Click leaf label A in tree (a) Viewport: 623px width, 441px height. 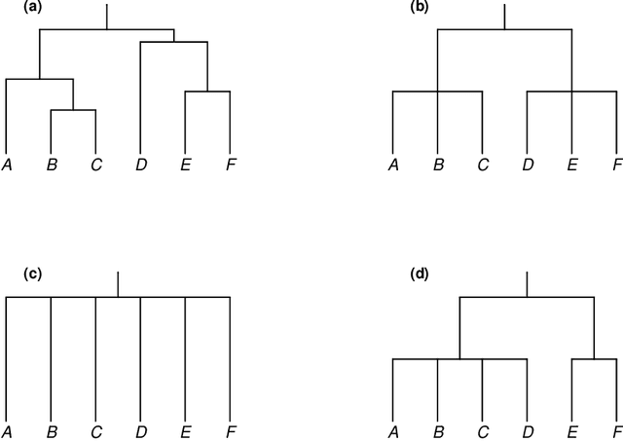tap(7, 165)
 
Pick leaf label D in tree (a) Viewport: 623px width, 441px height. tap(141, 165)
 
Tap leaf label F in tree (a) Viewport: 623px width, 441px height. tap(230, 165)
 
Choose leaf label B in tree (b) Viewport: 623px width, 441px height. tap(438, 165)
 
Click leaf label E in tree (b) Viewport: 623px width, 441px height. tap(571, 165)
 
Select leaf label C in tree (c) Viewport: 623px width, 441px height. tap(95, 430)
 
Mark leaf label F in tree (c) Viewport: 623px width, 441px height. tap(230, 430)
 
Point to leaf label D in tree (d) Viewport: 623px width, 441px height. tap(528, 430)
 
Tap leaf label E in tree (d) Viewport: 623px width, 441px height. tap(571, 430)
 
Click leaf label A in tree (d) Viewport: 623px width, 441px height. tap(393, 430)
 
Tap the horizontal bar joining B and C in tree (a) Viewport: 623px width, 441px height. tap(73, 110)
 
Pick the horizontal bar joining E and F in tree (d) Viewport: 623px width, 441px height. tap(594, 359)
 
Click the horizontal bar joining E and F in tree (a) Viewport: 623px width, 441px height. tap(207, 92)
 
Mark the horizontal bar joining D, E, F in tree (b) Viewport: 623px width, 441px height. tap(571, 92)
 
